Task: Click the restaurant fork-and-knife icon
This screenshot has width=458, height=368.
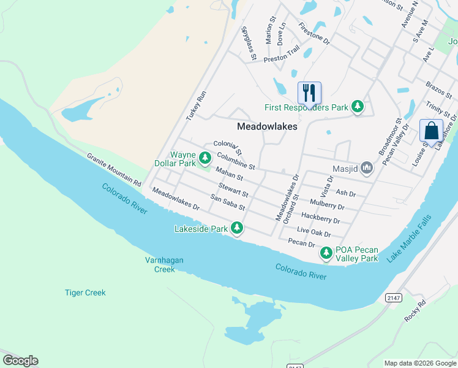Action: pyautogui.click(x=309, y=93)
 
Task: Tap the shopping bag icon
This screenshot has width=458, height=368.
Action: pyautogui.click(x=431, y=131)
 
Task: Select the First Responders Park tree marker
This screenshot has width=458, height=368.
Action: pyautogui.click(x=358, y=107)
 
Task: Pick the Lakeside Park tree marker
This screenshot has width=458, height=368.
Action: pyautogui.click(x=236, y=229)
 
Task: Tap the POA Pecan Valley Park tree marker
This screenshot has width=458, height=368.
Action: pyautogui.click(x=326, y=253)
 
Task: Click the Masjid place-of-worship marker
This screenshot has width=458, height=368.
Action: pyautogui.click(x=367, y=167)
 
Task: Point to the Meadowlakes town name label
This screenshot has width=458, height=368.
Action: pyautogui.click(x=267, y=126)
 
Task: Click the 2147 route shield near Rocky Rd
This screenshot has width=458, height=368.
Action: pyautogui.click(x=394, y=297)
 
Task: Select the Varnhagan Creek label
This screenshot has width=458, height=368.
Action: pyautogui.click(x=164, y=264)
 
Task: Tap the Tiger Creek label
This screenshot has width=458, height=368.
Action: pyautogui.click(x=85, y=293)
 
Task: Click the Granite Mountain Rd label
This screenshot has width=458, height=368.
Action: pyautogui.click(x=114, y=169)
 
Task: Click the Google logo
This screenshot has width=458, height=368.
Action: pyautogui.click(x=20, y=361)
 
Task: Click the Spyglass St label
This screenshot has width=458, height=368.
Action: pyautogui.click(x=248, y=44)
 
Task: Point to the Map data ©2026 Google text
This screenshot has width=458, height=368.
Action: pyautogui.click(x=419, y=363)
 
